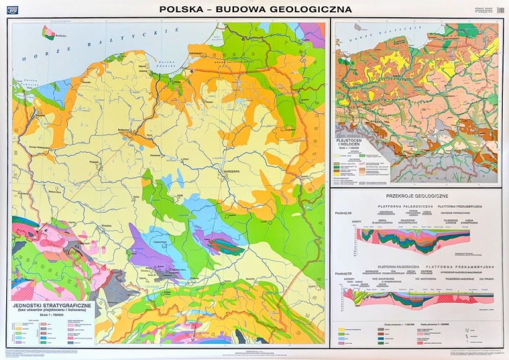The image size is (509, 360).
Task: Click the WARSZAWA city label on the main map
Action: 233,171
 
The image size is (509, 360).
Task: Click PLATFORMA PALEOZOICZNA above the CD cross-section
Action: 400,267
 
